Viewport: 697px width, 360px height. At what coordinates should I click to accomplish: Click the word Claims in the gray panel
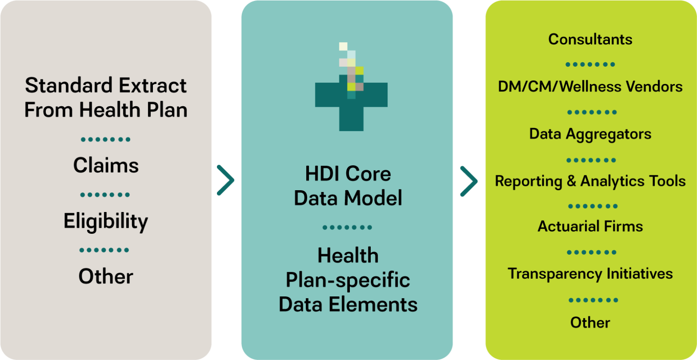click(x=106, y=165)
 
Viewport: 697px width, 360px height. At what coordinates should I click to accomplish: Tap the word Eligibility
click(x=106, y=222)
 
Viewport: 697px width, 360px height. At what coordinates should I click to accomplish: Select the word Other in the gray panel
click(x=106, y=276)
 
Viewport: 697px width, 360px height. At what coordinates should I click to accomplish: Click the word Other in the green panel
click(x=590, y=323)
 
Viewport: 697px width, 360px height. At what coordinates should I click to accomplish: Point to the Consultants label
click(x=590, y=39)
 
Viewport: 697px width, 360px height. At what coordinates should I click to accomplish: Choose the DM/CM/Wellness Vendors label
click(x=590, y=87)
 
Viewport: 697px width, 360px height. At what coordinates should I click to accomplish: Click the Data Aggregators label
click(x=590, y=134)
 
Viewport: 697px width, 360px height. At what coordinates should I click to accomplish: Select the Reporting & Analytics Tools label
click(x=590, y=181)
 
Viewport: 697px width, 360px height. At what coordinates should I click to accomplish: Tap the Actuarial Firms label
click(x=590, y=227)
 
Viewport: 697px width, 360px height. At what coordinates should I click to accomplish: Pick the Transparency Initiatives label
click(x=590, y=274)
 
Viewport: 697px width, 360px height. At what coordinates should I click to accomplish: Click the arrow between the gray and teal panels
click(x=226, y=181)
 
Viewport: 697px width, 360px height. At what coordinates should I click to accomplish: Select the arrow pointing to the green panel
click(x=469, y=181)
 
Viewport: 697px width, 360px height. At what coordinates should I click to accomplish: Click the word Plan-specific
click(x=348, y=280)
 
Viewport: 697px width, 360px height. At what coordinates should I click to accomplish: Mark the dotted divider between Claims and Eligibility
click(x=105, y=195)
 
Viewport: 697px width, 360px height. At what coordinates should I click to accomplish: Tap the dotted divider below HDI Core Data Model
click(x=347, y=227)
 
